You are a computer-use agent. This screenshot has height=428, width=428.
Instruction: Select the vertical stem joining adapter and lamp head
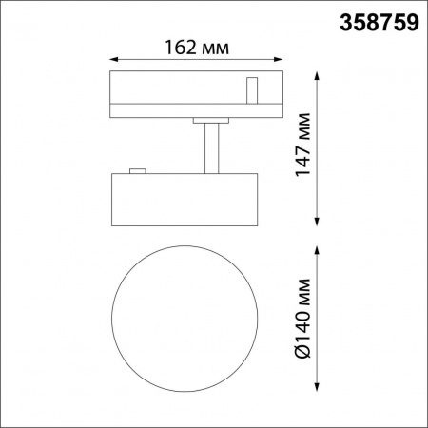(x=211, y=148)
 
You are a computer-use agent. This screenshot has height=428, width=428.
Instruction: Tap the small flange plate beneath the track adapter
(x=211, y=120)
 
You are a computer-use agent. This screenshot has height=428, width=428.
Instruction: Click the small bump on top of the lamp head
(x=136, y=171)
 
